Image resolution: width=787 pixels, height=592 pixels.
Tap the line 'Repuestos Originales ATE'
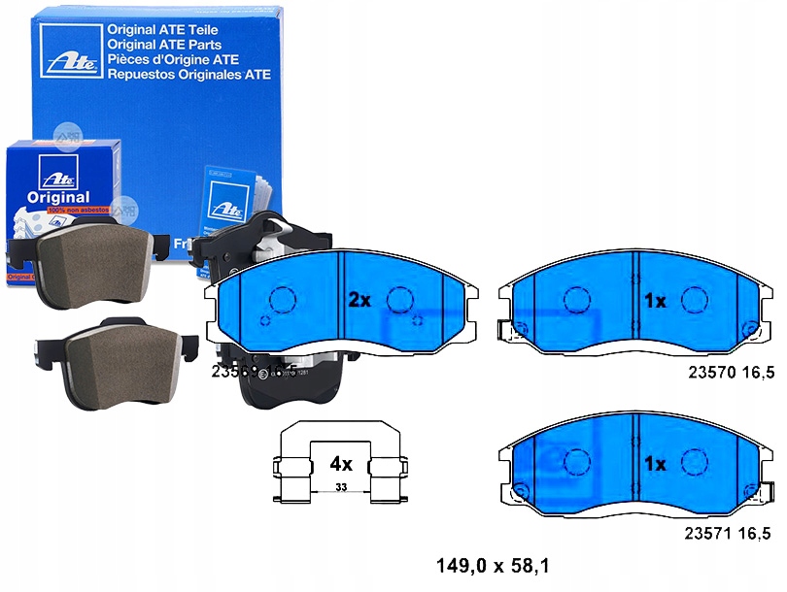point(189,74)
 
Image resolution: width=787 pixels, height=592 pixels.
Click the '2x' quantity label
point(359,301)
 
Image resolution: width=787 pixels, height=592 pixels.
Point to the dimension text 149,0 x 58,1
point(495,563)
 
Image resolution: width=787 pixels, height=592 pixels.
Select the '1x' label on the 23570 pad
point(655,301)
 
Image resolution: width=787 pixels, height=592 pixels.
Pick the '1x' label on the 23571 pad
point(655,465)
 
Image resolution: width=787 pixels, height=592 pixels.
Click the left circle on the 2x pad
point(283,301)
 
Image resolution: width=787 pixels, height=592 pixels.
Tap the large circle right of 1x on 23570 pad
point(694,301)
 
